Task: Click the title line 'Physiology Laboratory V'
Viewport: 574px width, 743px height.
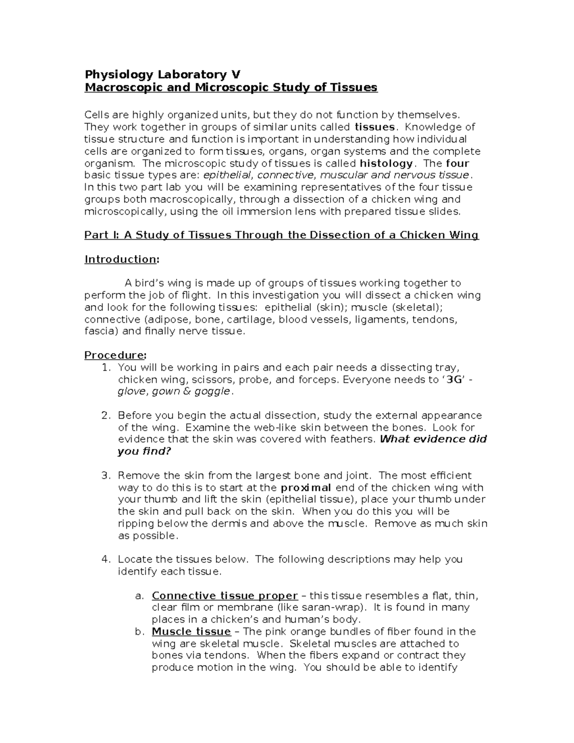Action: coord(162,75)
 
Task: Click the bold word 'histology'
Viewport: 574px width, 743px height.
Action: coord(386,163)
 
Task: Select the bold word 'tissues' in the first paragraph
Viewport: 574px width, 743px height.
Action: coord(375,127)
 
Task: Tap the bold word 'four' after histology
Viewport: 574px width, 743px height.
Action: coord(458,163)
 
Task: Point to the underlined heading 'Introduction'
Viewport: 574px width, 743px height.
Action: coord(120,259)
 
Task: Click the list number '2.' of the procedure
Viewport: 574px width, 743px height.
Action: coord(106,415)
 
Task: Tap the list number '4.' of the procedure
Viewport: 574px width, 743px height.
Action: coord(106,559)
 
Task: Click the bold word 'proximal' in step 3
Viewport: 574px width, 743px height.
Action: coord(306,488)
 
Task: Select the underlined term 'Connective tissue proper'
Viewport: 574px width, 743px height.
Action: coord(225,596)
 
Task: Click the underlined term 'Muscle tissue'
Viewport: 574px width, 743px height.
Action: coord(191,632)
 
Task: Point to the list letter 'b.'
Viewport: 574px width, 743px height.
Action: coord(139,632)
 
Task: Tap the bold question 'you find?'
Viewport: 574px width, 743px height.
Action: coord(144,451)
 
